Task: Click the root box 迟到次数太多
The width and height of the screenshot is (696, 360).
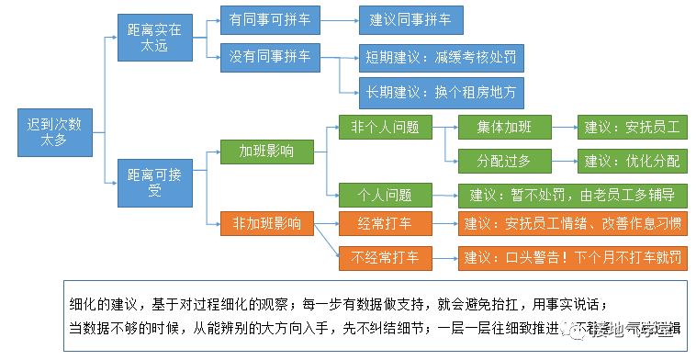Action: click(x=54, y=132)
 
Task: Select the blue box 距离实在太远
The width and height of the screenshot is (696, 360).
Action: click(x=154, y=38)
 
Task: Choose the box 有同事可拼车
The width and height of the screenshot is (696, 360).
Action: click(x=265, y=19)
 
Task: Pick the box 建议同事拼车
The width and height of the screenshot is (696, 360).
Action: click(x=410, y=19)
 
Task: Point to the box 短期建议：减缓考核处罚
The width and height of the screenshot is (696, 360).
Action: click(x=440, y=58)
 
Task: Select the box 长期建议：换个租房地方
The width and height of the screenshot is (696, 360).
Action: click(x=440, y=91)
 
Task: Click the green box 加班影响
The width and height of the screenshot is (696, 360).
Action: click(x=265, y=150)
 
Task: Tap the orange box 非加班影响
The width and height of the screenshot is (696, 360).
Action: click(x=265, y=222)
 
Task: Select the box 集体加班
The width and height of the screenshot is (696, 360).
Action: click(x=503, y=127)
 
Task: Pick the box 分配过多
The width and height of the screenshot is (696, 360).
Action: click(x=503, y=160)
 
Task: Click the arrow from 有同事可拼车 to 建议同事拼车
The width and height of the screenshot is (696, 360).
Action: click(x=333, y=19)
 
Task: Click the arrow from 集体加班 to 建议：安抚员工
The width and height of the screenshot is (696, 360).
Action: click(x=562, y=127)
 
